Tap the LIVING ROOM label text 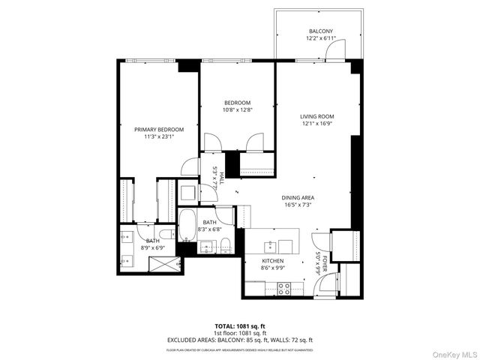(x=316, y=116)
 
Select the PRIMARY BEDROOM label (x=159, y=130)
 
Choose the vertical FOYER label (x=323, y=262)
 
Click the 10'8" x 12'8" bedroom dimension (x=237, y=110)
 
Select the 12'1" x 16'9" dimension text (x=316, y=124)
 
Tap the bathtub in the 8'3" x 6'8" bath (x=187, y=223)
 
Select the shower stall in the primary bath (x=164, y=262)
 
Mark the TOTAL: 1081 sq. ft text (x=239, y=326)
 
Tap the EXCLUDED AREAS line (x=240, y=340)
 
